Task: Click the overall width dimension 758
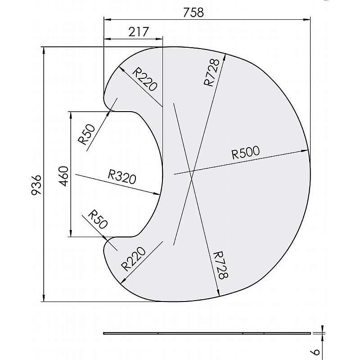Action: tap(193, 12)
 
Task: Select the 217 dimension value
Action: tap(139, 32)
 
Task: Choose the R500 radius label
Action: tap(246, 153)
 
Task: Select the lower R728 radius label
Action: tap(219, 265)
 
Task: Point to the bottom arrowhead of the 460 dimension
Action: tap(71, 234)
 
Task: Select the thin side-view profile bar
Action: tap(207, 333)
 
